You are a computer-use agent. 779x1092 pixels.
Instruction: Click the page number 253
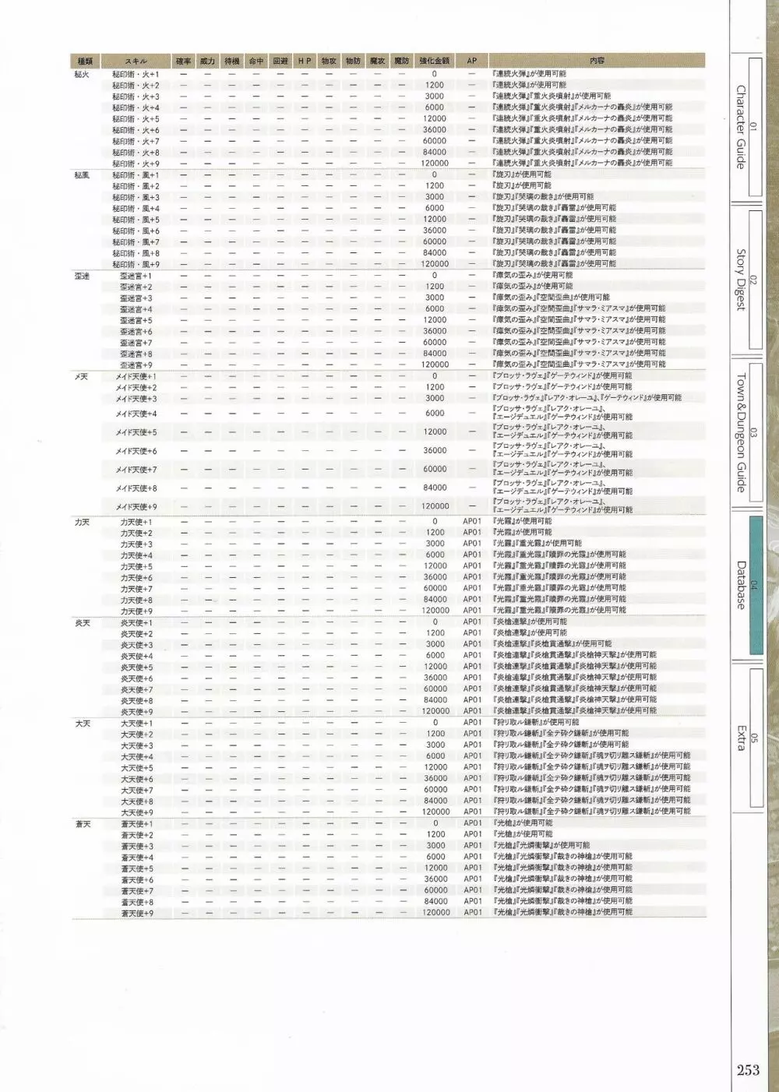[x=748, y=1069]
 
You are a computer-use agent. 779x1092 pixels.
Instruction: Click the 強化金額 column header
[x=434, y=61]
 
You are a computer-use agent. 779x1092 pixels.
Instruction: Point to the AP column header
[x=472, y=61]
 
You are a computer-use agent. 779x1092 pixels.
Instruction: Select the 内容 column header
[x=597, y=61]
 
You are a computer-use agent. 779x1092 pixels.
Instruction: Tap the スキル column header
[x=136, y=61]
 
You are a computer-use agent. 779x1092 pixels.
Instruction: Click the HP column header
[x=305, y=61]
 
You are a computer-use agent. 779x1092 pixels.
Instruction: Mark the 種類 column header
[x=85, y=61]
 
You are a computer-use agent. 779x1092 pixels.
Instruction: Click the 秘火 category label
[x=82, y=75]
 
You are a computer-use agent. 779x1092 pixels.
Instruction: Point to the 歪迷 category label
[x=82, y=277]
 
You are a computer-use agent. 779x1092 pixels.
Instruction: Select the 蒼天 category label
[x=83, y=824]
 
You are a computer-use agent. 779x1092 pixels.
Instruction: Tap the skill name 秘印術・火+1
[x=136, y=75]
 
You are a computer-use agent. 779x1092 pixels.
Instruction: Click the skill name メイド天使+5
[x=136, y=432]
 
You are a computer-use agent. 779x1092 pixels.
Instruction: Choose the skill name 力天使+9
[x=136, y=611]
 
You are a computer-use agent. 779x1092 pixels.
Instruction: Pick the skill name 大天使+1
[x=137, y=724]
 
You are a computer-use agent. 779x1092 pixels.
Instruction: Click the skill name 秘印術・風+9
[x=136, y=264]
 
